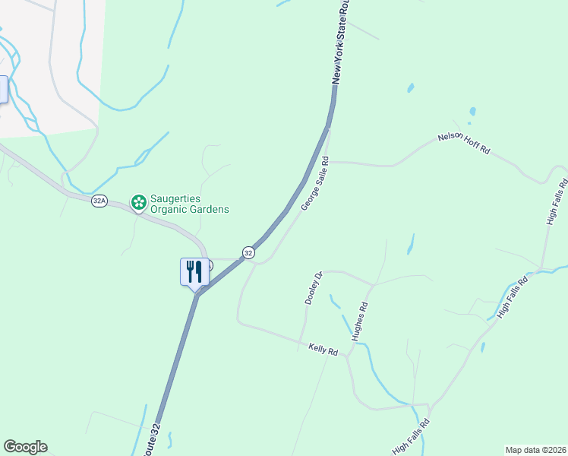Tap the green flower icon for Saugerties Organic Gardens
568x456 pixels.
click(x=138, y=201)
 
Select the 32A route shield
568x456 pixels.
click(x=99, y=201)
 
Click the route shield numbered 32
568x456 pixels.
click(x=248, y=252)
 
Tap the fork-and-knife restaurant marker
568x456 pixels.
click(x=194, y=271)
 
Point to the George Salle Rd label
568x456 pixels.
click(x=314, y=184)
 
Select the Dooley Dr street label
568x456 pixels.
click(x=311, y=287)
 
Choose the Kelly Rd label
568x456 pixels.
click(x=323, y=350)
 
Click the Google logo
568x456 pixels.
click(x=25, y=447)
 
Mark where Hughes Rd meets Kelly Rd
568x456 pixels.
click(x=348, y=356)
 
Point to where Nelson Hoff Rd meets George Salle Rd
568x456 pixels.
click(x=328, y=161)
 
